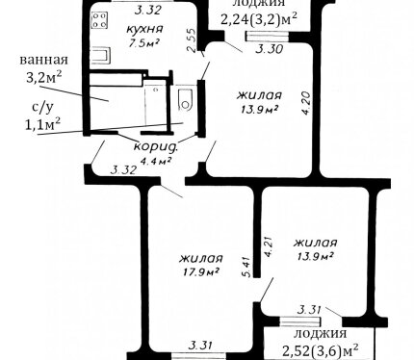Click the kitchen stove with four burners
coord(99,20)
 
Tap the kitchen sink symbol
coord(102,56)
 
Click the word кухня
coord(144,29)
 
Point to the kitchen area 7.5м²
coord(144,43)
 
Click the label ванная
coord(44,60)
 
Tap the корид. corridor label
coord(156,147)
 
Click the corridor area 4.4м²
coord(156,160)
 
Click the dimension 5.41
coord(247,267)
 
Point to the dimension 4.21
coord(268,246)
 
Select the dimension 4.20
coord(306,103)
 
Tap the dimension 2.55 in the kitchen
coord(192,40)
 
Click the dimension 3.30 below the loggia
coord(270,50)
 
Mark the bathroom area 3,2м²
coord(43,77)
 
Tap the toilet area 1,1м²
coord(43,124)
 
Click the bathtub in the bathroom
coord(116,80)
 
